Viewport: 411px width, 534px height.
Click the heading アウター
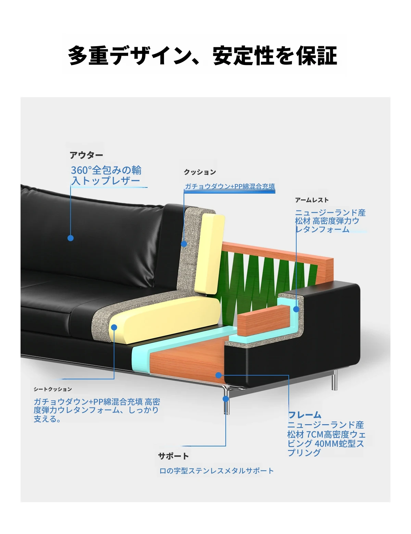(x=86, y=155)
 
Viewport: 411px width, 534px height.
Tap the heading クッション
(x=200, y=172)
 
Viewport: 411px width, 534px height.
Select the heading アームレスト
(x=312, y=200)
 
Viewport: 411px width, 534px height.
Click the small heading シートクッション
(x=53, y=389)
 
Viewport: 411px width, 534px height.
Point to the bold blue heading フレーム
(x=305, y=415)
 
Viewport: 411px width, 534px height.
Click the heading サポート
(x=173, y=456)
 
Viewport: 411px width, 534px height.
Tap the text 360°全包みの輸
(x=106, y=170)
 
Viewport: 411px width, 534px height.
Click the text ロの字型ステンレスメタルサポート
(x=216, y=471)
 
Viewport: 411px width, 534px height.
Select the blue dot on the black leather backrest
(x=71, y=238)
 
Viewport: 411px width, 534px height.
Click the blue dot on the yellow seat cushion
(x=114, y=327)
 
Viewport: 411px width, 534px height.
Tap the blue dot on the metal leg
(x=226, y=399)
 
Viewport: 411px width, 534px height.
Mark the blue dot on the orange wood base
(x=219, y=375)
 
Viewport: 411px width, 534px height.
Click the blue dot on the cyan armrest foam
(x=296, y=309)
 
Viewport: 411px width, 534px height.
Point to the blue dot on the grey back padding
(x=184, y=244)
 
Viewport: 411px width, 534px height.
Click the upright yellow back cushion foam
(x=210, y=253)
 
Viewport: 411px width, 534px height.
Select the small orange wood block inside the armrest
(x=262, y=321)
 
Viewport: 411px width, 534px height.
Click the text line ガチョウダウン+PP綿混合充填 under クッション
(x=230, y=186)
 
